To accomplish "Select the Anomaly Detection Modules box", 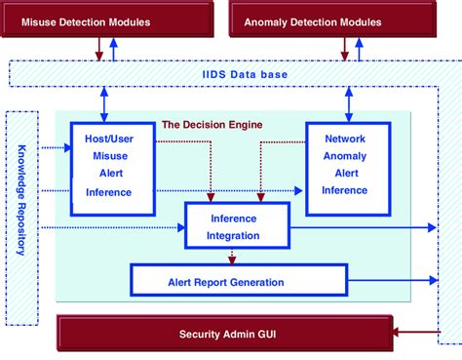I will tap(327, 20).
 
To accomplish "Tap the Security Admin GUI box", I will tap(227, 334).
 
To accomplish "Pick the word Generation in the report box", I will tap(252, 282).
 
